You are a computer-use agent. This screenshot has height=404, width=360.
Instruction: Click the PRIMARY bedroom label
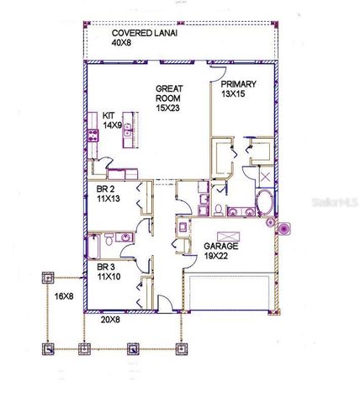pos(239,85)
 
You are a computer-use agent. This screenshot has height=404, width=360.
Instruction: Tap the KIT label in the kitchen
pos(109,114)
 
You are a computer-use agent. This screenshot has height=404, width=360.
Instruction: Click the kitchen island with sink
pos(130,130)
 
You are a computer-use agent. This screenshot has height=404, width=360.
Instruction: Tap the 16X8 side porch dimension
pos(65,295)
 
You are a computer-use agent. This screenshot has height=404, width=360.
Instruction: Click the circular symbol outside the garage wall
pos(283,227)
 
